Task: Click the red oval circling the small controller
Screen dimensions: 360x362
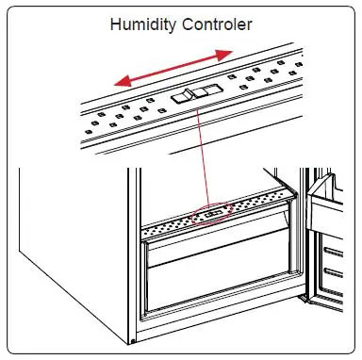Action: point(211,216)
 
